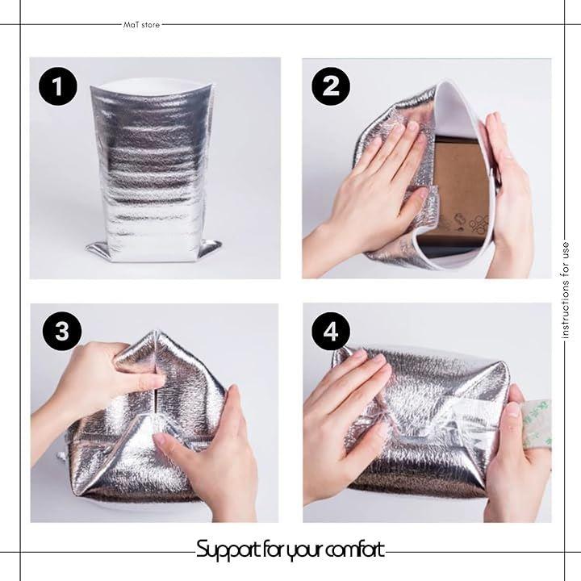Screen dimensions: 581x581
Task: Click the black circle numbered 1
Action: point(58,86)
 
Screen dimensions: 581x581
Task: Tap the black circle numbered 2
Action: point(331,86)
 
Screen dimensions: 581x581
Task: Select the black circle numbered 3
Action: point(62,331)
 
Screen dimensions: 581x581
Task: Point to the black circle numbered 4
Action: point(331,331)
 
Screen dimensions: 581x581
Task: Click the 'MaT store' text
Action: point(141,25)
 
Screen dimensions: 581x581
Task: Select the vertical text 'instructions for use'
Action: point(565,290)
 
